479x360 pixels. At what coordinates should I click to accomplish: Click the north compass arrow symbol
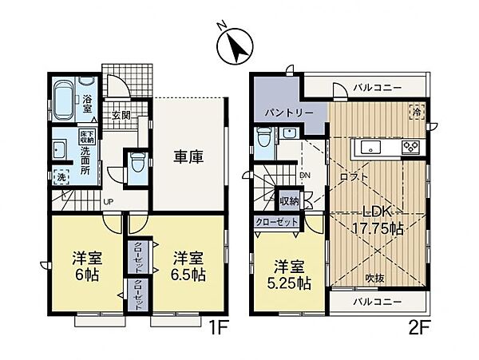(234, 47)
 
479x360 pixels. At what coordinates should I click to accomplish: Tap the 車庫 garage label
(188, 156)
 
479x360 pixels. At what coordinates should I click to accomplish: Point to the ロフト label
(354, 176)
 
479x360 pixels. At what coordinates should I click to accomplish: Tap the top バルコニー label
(377, 87)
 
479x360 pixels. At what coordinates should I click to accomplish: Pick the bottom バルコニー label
(377, 302)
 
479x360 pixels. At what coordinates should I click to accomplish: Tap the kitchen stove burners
(411, 147)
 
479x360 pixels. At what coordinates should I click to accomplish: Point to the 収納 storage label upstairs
(289, 200)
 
